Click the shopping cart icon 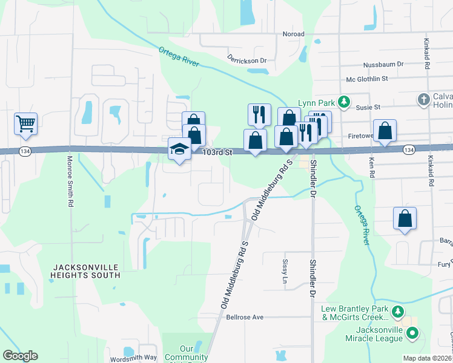click(x=26, y=124)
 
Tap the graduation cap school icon click(x=179, y=149)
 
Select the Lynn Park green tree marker click(x=344, y=102)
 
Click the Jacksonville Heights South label click(x=86, y=270)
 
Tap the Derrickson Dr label click(x=247, y=60)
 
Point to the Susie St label click(x=368, y=107)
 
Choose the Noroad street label click(x=293, y=34)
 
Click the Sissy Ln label click(x=285, y=272)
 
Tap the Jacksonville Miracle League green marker click(x=412, y=332)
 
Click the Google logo click(x=20, y=356)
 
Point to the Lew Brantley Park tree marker click(x=398, y=312)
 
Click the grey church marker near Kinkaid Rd click(x=424, y=98)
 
